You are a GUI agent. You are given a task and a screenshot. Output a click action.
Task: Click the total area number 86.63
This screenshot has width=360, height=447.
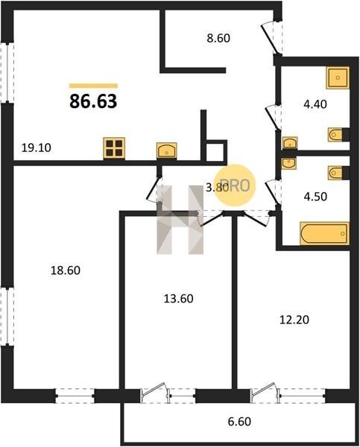[x=93, y=101]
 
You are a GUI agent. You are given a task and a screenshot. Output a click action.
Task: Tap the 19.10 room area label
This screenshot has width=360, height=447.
[x=37, y=148]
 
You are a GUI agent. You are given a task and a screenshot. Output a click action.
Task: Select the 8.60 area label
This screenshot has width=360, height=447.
[x=218, y=38]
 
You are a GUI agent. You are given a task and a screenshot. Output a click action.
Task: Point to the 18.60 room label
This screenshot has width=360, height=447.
[x=66, y=270]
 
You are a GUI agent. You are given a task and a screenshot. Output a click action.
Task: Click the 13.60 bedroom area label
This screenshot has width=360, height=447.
[x=179, y=299]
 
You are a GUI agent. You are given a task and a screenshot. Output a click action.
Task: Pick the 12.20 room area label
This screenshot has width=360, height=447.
[x=294, y=320]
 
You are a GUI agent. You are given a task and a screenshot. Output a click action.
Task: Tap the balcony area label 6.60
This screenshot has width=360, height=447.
[x=239, y=422]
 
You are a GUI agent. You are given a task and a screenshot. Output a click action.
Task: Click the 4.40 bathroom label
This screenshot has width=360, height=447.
[x=315, y=104]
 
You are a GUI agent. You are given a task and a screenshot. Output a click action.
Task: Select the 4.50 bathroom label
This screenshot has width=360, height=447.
[x=315, y=197]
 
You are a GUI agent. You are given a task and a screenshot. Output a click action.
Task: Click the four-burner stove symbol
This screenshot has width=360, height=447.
[x=114, y=148]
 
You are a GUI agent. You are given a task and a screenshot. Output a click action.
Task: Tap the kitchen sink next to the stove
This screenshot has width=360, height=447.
[x=167, y=150]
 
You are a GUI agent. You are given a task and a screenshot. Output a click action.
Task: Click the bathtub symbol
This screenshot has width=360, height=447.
[x=325, y=233]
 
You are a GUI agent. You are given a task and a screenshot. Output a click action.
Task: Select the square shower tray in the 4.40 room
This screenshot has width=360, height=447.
[x=338, y=77]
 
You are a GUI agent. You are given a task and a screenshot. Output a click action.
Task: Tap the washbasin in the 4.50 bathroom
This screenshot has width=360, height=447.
[x=288, y=163]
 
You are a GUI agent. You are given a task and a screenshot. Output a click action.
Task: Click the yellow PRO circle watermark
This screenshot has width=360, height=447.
[x=235, y=186]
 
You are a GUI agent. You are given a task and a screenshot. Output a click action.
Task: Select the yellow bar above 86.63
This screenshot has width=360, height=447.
[x=93, y=86]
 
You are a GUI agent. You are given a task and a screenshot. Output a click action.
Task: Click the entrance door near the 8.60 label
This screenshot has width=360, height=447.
[x=271, y=37]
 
